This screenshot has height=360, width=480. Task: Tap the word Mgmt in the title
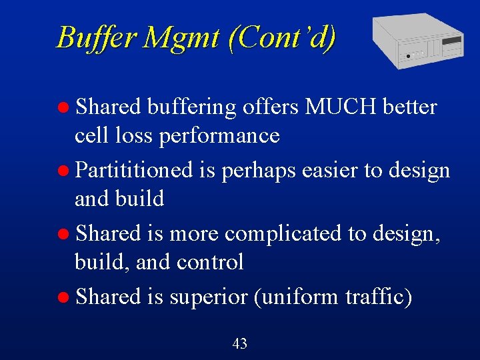click(x=181, y=37)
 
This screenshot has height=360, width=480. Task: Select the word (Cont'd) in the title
click(x=282, y=37)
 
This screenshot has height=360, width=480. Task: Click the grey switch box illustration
click(x=417, y=40)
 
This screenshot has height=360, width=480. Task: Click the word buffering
click(x=192, y=107)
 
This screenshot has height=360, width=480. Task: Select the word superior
click(x=209, y=297)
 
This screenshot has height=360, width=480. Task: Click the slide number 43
click(x=240, y=344)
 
